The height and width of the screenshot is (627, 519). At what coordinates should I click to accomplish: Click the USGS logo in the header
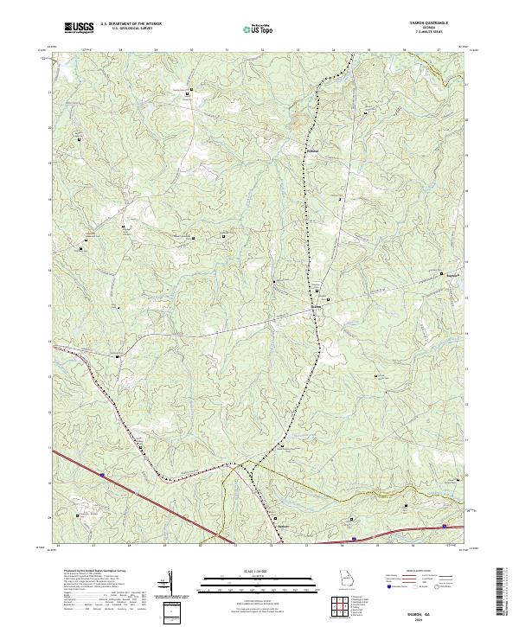pos(80,28)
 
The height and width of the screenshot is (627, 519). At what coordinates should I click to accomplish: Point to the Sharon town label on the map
pos(317,305)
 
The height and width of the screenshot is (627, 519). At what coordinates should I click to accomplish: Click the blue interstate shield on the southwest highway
pos(102,474)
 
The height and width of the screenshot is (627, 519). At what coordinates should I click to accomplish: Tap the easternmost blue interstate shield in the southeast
pos(445,525)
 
